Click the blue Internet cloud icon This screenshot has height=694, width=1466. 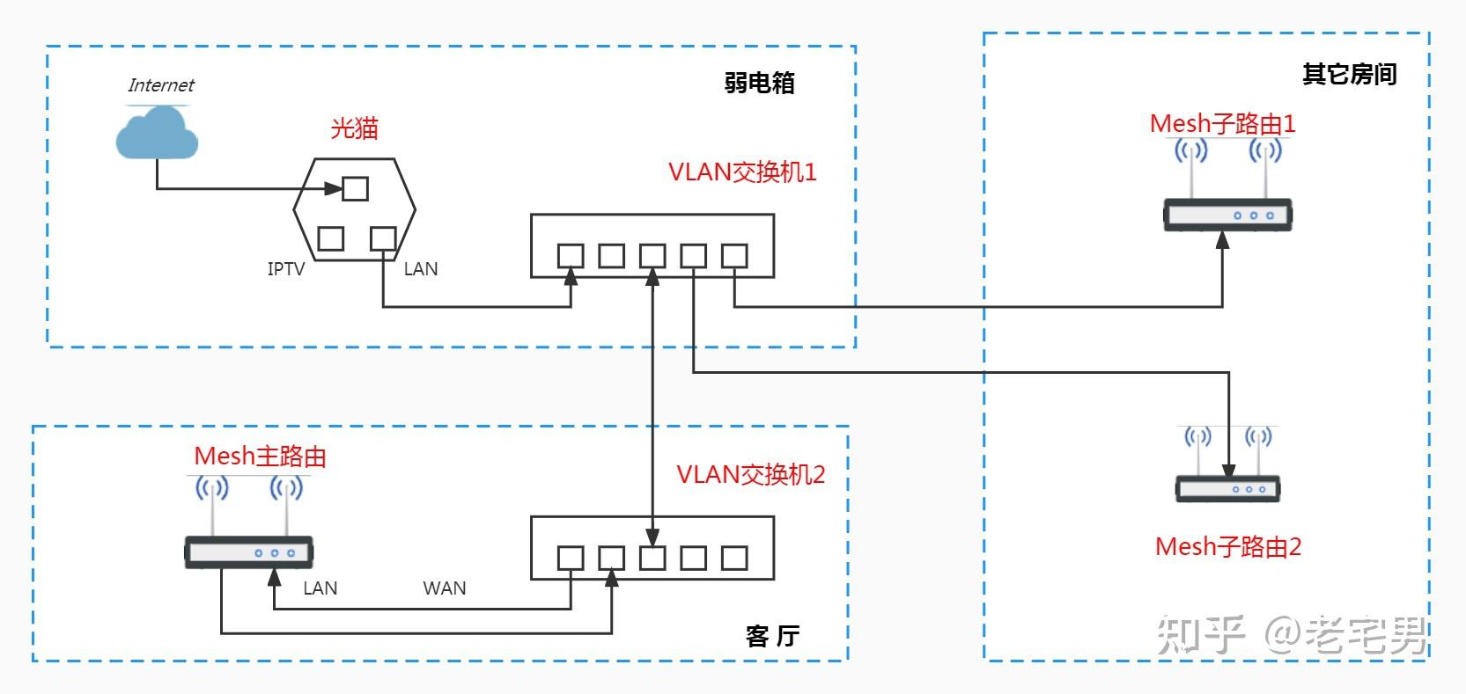pos(157,134)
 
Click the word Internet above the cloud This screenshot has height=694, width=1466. pos(160,85)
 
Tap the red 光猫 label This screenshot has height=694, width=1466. pos(354,128)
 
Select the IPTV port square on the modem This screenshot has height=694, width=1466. pos(330,238)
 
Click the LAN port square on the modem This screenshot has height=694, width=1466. pos(383,238)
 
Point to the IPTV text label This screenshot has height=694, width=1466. pos(285,269)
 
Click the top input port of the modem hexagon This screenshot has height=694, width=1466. pos(355,188)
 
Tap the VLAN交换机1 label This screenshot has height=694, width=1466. pos(742,172)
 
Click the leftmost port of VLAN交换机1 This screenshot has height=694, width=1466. pos(571,256)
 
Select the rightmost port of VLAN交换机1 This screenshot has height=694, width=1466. pos(734,256)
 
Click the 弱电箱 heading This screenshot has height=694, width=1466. pos(759,83)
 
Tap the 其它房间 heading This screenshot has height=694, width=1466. pos(1349,75)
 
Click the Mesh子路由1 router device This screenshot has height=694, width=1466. pos(1227,214)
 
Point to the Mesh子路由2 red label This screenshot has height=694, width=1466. pos(1227,547)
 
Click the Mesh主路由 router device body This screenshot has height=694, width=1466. pos(248,552)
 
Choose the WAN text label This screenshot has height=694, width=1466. pos(445,588)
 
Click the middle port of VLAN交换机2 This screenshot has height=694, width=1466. pos(652,558)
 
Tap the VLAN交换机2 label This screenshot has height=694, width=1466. pos(750,475)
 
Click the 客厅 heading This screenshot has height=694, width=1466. pos(772,636)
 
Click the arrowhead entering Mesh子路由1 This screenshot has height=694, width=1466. pos(1222,239)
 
